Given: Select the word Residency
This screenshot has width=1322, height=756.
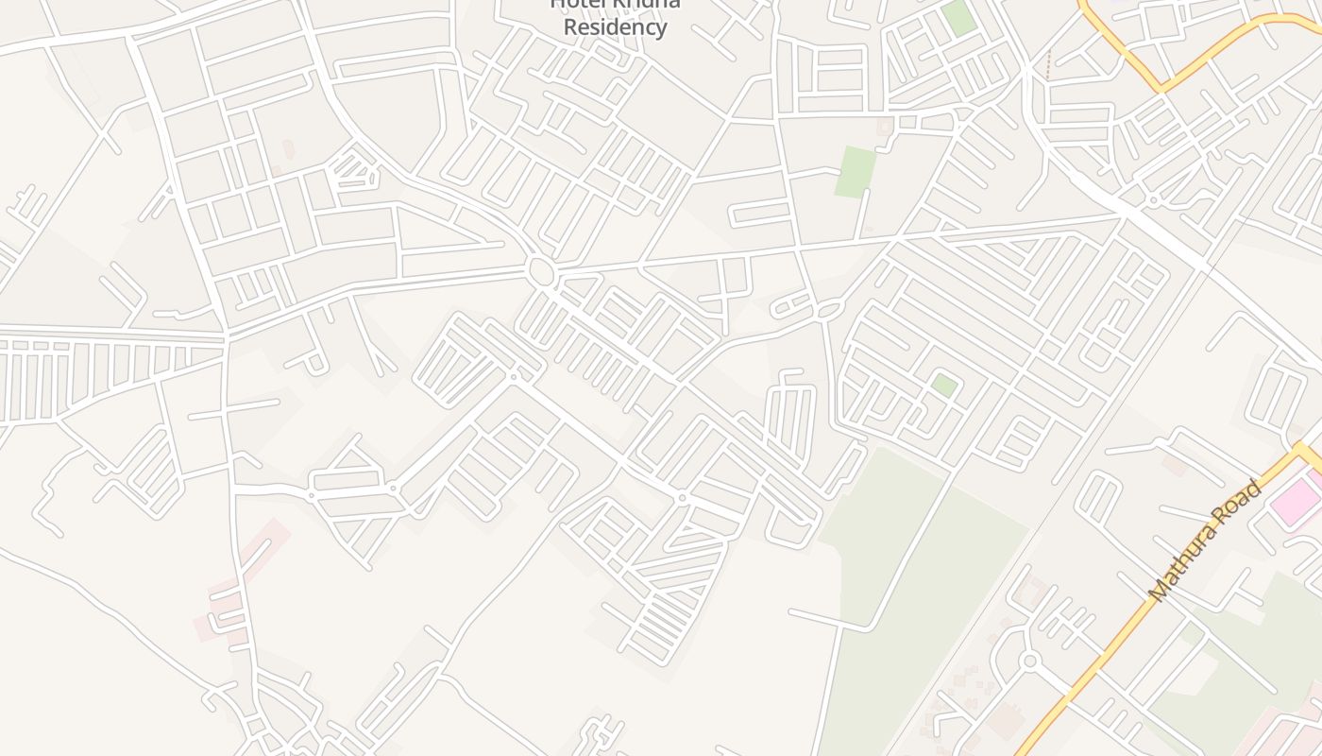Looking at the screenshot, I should coord(615,26).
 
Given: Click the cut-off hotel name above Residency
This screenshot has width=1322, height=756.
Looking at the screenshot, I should coord(615,4).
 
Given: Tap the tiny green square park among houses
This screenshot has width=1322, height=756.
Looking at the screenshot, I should coord(944,385).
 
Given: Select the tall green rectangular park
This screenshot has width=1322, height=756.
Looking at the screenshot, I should coord(855,171).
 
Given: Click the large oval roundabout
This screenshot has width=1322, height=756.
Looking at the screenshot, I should coord(542,272).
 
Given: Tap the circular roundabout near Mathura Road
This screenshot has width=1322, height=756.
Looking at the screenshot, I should coord(1030,661).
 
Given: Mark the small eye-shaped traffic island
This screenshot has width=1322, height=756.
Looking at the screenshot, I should coord(830,310).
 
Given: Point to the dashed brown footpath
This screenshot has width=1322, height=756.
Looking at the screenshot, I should coord(1047,64).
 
